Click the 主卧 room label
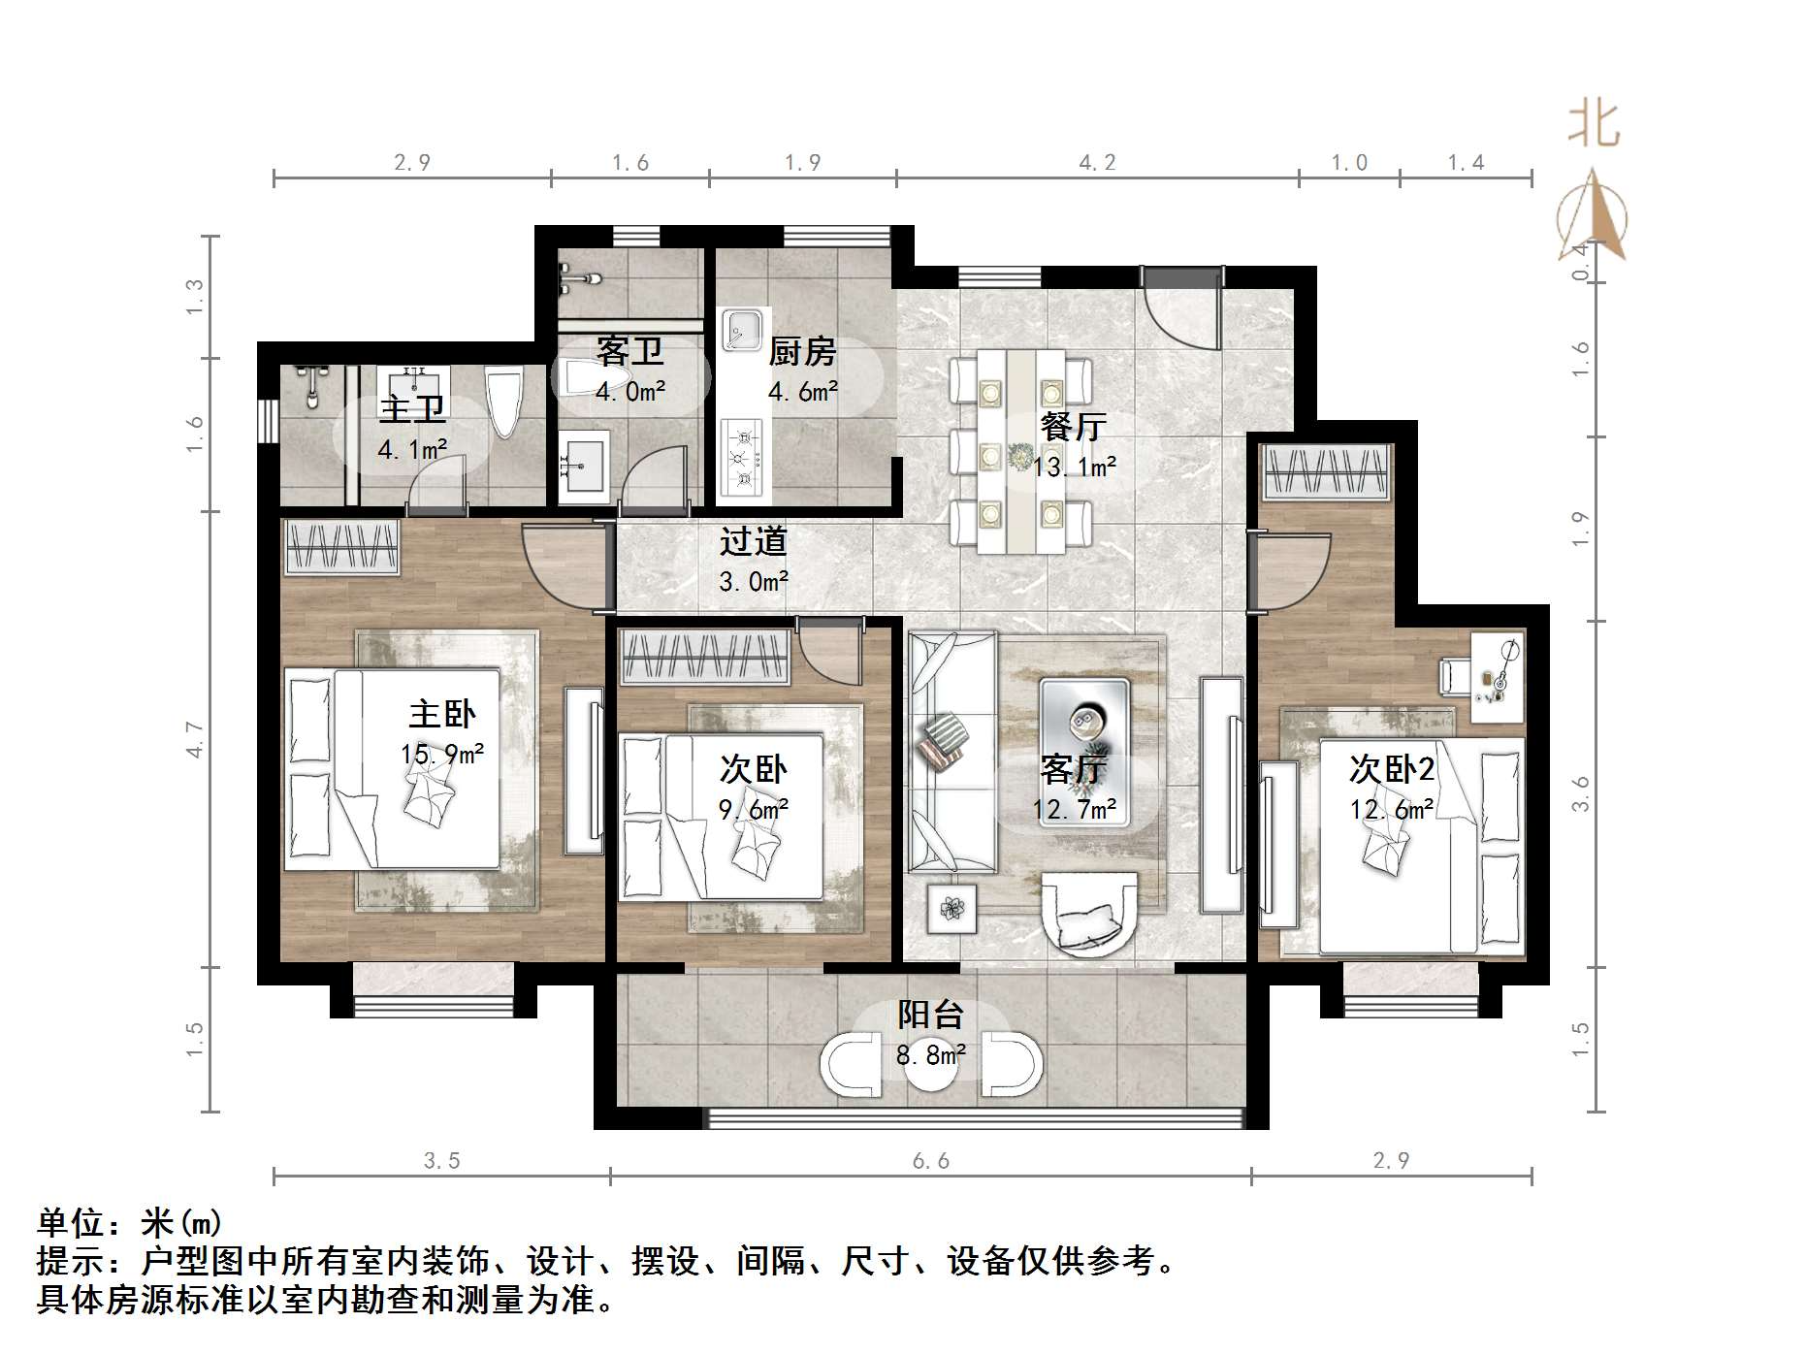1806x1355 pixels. tap(441, 715)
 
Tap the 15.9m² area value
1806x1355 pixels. tap(441, 754)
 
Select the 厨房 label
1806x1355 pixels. tap(802, 351)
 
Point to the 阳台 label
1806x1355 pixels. tap(930, 1015)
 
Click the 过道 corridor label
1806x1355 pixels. tap(753, 541)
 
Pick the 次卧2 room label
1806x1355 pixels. tap(1391, 769)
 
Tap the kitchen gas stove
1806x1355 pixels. tap(742, 454)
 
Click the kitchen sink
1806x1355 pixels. tap(743, 330)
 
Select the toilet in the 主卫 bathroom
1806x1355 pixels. tap(504, 403)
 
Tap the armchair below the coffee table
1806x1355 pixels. tap(1088, 914)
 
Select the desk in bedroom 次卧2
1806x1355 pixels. tap(1497, 676)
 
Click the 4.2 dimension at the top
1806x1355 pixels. tap(1097, 163)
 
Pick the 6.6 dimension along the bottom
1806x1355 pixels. tap(930, 1161)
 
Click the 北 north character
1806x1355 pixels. tap(1594, 124)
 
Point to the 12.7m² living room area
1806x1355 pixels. tap(1074, 809)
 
